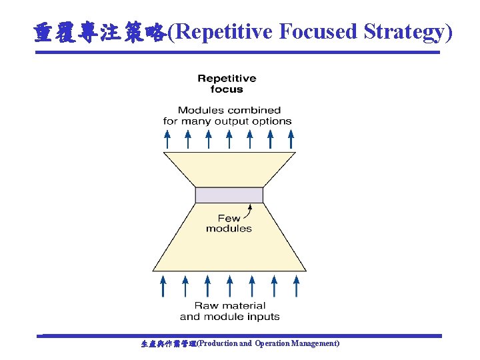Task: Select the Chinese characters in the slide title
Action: [x=99, y=32]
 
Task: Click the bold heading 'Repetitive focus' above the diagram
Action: [x=227, y=84]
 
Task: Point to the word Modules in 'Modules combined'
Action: [x=201, y=110]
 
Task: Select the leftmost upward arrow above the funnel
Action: [x=167, y=139]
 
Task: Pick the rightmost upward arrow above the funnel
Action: [x=291, y=139]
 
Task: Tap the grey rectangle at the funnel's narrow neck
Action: [x=229, y=195]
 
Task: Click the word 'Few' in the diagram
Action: [x=229, y=218]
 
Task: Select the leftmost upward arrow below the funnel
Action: [x=163, y=287]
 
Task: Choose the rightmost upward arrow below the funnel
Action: [x=297, y=287]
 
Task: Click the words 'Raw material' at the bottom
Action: [x=229, y=306]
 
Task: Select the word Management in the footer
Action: [x=315, y=343]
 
